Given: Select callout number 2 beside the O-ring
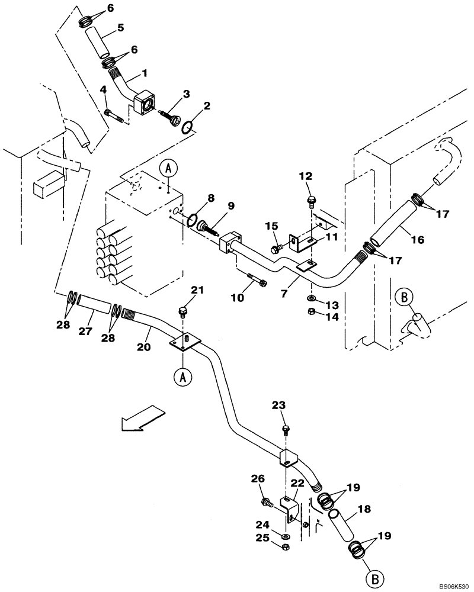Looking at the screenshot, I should tap(206, 107).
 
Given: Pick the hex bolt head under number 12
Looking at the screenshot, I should tap(310, 202).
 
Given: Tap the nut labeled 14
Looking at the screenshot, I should tap(312, 313).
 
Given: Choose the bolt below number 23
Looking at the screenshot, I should tap(286, 427).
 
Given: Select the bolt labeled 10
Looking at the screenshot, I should tap(254, 279).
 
